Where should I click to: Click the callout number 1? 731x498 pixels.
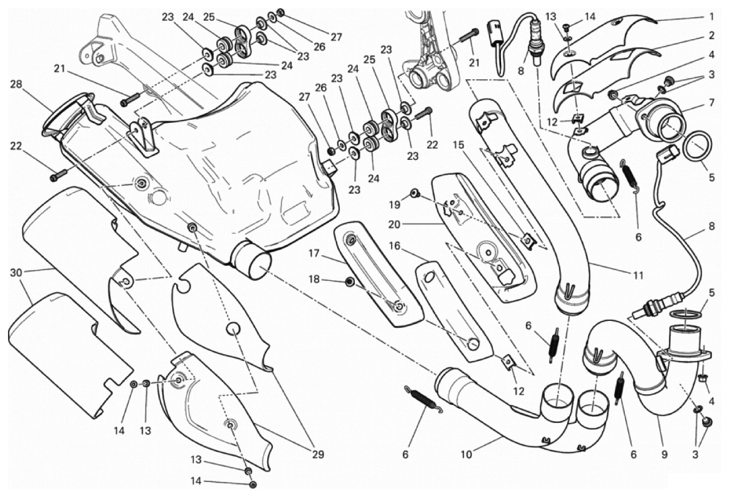[711, 17]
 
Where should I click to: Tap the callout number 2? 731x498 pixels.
[711, 36]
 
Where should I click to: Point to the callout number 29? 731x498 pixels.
[317, 455]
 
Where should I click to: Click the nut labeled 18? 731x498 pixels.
[350, 282]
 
